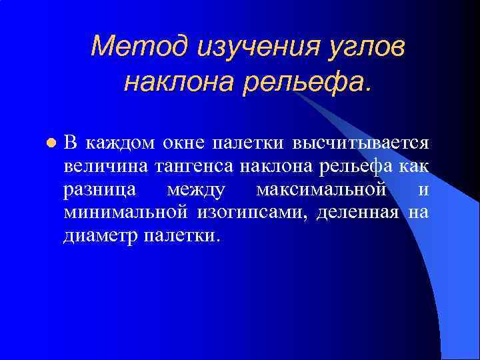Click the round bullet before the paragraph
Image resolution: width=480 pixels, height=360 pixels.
click(49, 143)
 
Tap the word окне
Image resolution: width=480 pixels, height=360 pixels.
click(185, 143)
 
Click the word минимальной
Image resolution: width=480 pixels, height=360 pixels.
click(127, 213)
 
